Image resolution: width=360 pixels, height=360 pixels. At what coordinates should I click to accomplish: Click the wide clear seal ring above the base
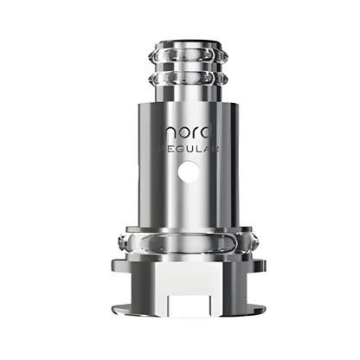coord(180,241)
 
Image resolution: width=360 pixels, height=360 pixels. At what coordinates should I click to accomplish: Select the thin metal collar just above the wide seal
coord(180,227)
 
